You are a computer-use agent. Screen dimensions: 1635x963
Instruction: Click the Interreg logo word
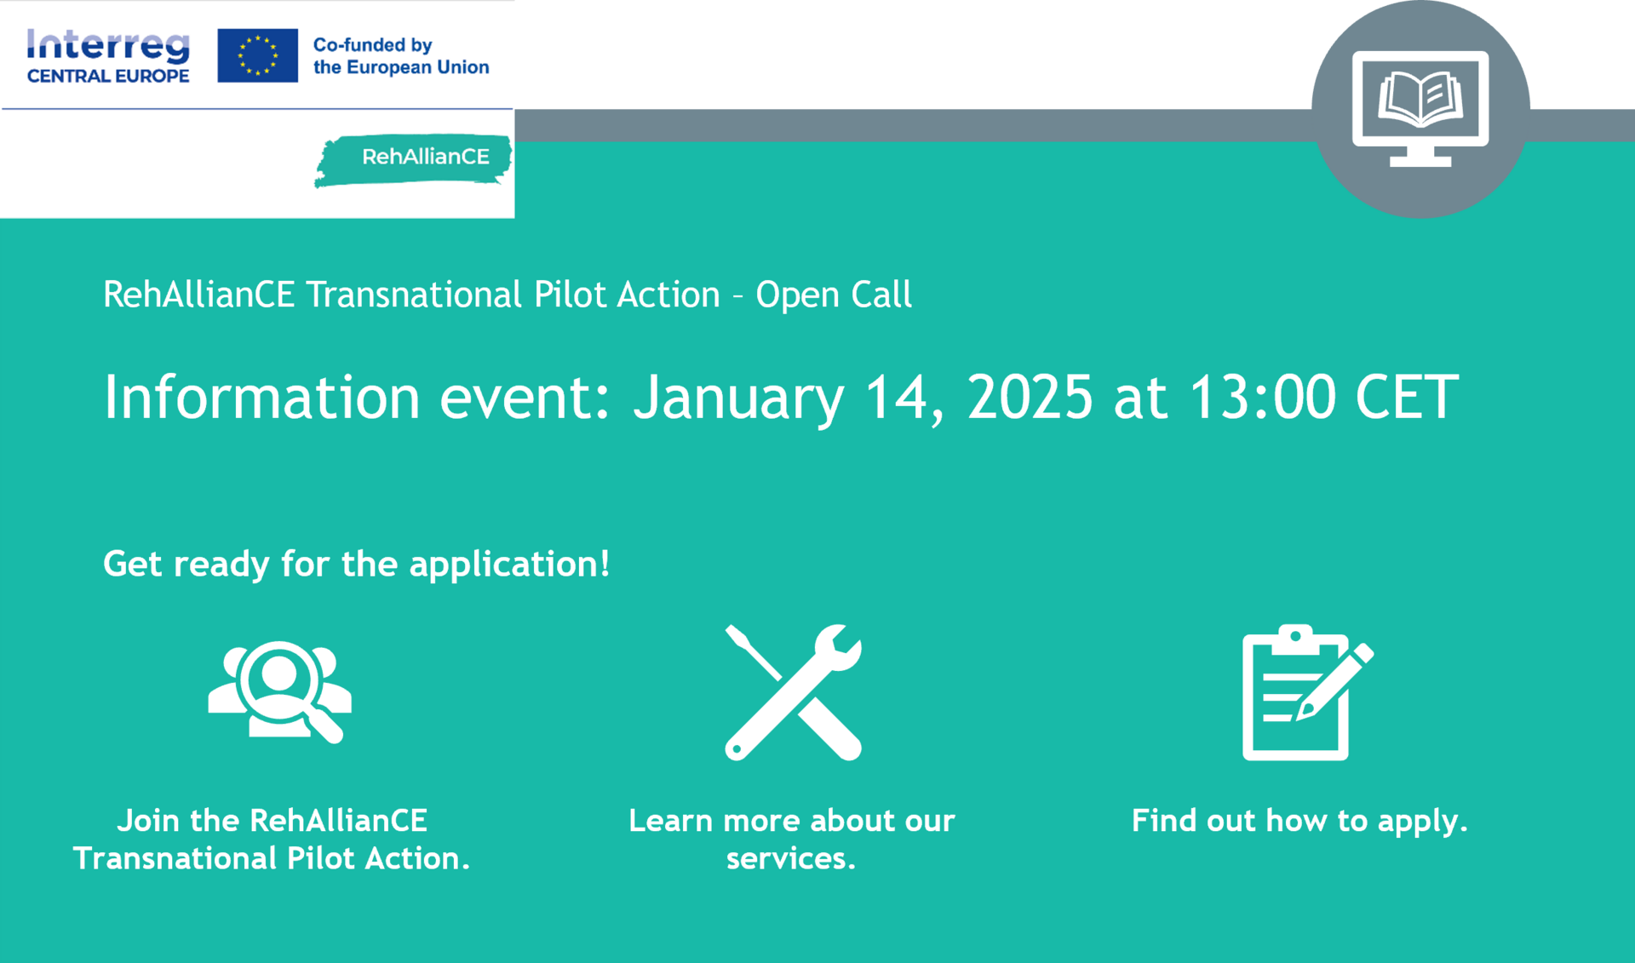pos(108,45)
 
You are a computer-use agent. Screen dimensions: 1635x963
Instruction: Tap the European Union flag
pos(257,55)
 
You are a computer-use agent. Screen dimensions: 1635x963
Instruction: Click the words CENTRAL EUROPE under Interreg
pos(108,76)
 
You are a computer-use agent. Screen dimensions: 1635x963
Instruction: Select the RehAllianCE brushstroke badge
pos(414,159)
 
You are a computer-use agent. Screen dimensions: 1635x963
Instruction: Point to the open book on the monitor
pos(1420,98)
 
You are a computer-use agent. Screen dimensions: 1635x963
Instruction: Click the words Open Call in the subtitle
pos(834,295)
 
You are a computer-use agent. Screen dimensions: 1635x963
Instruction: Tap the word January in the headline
pos(738,398)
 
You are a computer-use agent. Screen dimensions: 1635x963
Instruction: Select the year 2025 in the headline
pos(1030,397)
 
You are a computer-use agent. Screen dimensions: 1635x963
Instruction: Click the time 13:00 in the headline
pos(1262,397)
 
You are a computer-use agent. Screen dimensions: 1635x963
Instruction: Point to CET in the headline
pos(1407,397)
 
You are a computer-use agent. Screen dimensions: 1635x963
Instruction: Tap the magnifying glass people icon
pos(279,691)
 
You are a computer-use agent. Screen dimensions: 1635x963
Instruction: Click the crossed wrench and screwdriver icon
pos(793,691)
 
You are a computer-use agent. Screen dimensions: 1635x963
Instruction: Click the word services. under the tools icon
pos(791,858)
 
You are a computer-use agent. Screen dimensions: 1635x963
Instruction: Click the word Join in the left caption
pos(148,821)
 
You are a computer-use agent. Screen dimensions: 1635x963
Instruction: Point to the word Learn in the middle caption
pos(671,821)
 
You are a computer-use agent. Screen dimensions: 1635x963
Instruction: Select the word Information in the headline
pos(261,397)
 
